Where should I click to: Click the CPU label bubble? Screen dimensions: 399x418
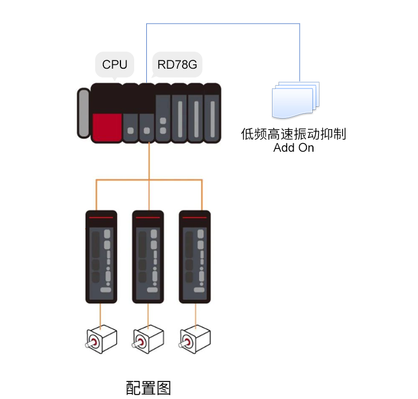(114, 65)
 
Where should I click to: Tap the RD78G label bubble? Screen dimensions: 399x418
(177, 65)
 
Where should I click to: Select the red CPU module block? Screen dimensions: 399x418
(107, 127)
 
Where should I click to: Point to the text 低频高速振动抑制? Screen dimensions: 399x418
(294, 134)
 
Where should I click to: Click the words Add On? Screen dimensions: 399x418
(294, 147)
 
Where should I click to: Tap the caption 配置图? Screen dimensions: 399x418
(148, 387)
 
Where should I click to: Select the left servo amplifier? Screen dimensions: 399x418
(101, 257)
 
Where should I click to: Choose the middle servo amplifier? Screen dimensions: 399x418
(148, 257)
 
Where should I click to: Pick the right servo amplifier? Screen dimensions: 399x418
(195, 257)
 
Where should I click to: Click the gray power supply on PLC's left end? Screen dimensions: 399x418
(83, 113)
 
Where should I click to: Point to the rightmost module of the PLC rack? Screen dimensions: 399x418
(212, 113)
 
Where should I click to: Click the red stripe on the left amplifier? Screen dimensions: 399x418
(101, 218)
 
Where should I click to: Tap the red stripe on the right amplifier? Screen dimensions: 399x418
(195, 218)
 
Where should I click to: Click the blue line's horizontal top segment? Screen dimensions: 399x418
(223, 24)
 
